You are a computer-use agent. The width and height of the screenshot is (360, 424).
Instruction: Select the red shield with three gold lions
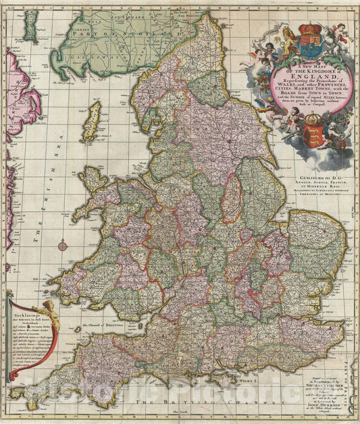tap(314, 126)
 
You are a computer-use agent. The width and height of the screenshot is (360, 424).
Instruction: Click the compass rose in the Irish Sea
tap(63, 246)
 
